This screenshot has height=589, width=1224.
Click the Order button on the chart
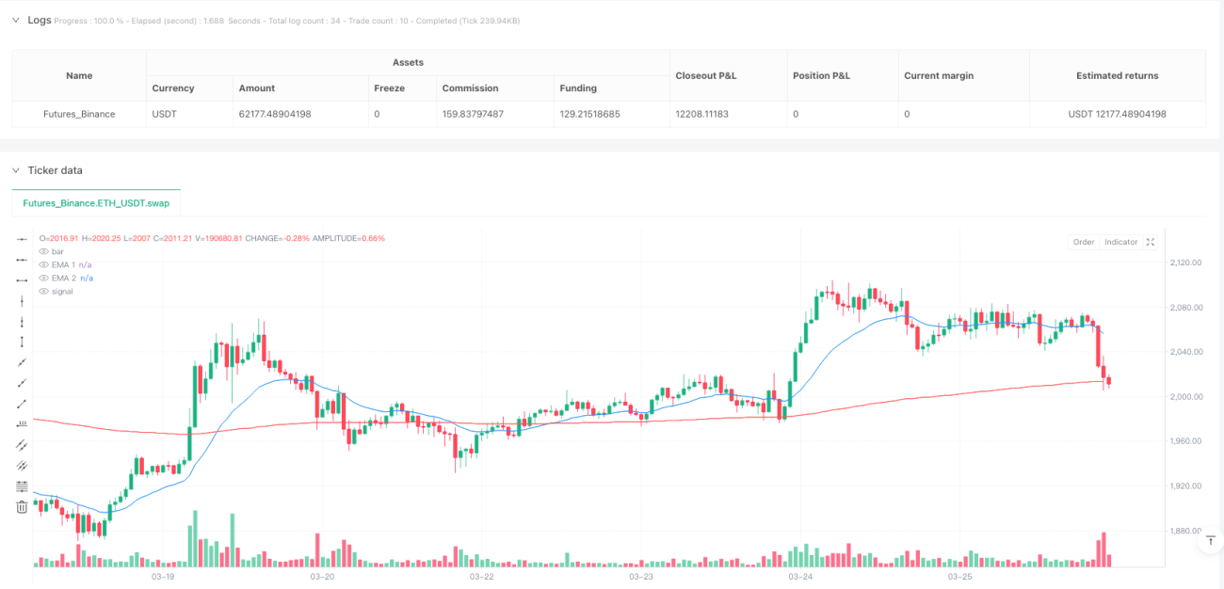click(x=1083, y=242)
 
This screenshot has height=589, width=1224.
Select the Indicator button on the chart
click(x=1120, y=242)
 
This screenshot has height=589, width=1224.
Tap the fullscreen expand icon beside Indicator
click(x=1151, y=242)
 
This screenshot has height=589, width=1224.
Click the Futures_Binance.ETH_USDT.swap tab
click(x=96, y=203)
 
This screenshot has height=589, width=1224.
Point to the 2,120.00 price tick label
click(x=1185, y=263)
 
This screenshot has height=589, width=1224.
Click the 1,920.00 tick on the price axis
click(x=1185, y=486)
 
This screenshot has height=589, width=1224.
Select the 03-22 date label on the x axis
click(x=481, y=577)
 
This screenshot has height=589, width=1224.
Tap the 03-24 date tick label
click(x=800, y=577)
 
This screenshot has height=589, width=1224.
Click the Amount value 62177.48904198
click(x=275, y=114)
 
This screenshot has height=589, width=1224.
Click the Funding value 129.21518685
click(x=589, y=114)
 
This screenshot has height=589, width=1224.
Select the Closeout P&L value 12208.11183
click(x=701, y=114)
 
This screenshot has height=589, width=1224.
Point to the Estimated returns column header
click(x=1117, y=76)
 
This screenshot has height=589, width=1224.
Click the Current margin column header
click(x=939, y=76)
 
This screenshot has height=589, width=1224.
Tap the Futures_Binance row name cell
click(x=79, y=114)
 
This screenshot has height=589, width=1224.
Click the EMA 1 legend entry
click(x=63, y=264)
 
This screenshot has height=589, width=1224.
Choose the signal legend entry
click(x=62, y=292)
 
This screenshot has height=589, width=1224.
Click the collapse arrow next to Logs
click(x=16, y=20)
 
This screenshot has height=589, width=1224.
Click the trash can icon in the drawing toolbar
click(x=22, y=507)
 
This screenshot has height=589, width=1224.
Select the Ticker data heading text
click(x=56, y=170)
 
